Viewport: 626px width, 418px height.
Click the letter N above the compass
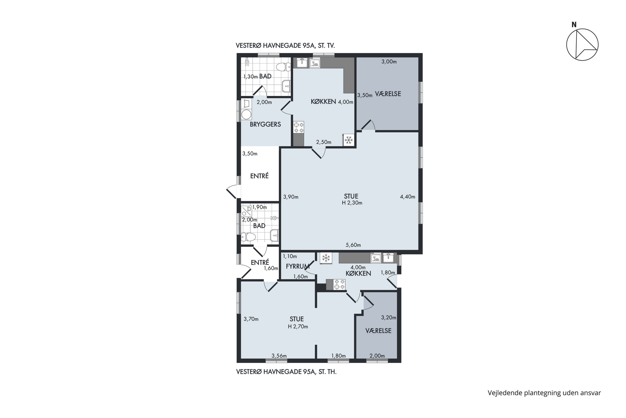pos(574,25)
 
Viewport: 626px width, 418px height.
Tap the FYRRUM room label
pos(298,266)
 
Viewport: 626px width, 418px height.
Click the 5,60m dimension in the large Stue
pos(353,245)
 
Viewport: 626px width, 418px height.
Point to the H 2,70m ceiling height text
pos(298,326)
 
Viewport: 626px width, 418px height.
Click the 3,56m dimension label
pos(279,356)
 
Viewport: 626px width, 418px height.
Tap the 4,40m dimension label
pos(408,197)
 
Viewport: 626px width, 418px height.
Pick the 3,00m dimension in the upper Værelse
pos(389,62)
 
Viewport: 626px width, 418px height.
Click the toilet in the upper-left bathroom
pos(283,67)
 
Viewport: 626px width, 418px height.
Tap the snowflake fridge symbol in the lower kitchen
pos(326,258)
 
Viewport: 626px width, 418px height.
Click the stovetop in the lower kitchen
pos(339,284)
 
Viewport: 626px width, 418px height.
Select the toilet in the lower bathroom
pos(248,237)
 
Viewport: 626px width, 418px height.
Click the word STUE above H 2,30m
pos(351,196)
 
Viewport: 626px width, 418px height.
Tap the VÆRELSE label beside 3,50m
pos(388,94)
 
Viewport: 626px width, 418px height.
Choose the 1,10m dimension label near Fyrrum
pos(290,256)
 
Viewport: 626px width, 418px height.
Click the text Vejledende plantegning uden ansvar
pos(544,393)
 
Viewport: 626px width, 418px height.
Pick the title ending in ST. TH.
pos(286,372)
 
